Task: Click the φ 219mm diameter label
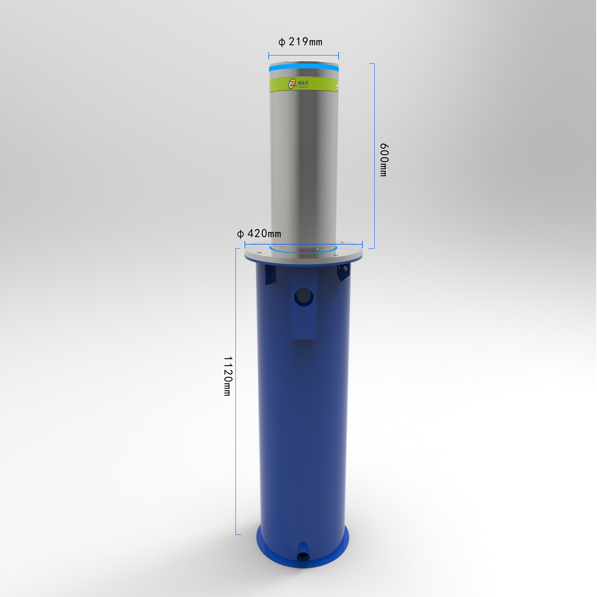(x=300, y=42)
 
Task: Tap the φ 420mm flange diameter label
(x=259, y=234)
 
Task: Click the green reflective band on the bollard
(x=318, y=85)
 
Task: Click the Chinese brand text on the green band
(x=303, y=83)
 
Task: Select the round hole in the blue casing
(x=304, y=297)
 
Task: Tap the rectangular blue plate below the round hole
(x=304, y=324)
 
